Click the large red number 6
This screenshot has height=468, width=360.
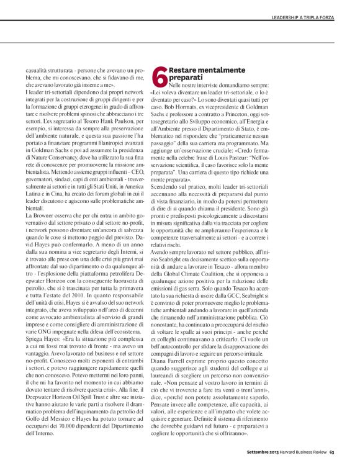click(159, 77)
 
